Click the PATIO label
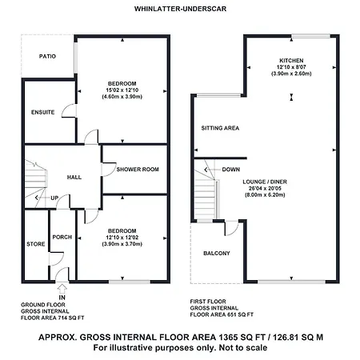pos(47,56)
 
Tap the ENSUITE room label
pos(43,112)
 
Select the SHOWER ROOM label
pos(138,170)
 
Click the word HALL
pos(74,178)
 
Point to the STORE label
pos(36,244)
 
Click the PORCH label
pos(62,237)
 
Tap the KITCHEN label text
pos(291,61)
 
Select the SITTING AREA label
pos(220,128)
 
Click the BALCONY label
pos(217,253)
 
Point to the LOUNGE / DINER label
pos(265,182)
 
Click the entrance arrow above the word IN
pos(62,289)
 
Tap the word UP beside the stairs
pos(54,198)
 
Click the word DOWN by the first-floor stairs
pos(231,170)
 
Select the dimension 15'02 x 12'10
pos(122,90)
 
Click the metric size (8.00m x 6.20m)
pos(265,195)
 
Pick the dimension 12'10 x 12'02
pos(122,238)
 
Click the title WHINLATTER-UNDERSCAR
pos(180,9)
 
